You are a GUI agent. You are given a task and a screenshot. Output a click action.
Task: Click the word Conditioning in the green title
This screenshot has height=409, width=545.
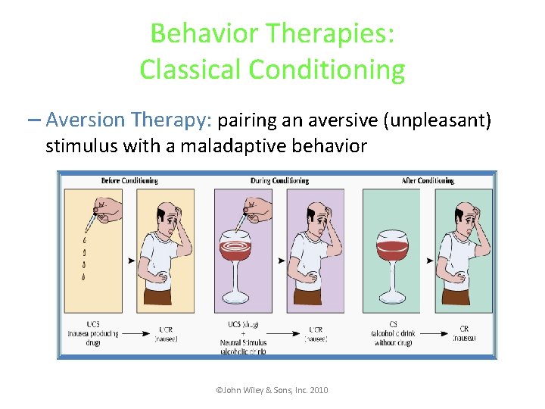pyautogui.click(x=326, y=70)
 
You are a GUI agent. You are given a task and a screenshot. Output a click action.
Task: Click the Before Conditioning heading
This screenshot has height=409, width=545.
pyautogui.click(x=129, y=181)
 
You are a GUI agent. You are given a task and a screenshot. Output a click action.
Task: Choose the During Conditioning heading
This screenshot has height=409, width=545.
pyautogui.click(x=279, y=181)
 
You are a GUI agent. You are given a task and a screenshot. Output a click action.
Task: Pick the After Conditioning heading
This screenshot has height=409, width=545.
pyautogui.click(x=428, y=181)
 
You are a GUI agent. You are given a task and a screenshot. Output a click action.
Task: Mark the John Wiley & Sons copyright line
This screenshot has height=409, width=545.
pyautogui.click(x=272, y=390)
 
